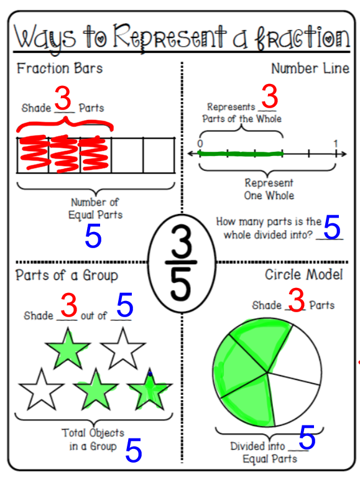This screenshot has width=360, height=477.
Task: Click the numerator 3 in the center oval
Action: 182,241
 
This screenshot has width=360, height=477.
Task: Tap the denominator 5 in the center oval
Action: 180,284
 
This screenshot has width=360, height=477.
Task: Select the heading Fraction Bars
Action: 60,68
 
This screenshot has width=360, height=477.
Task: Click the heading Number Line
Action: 310,68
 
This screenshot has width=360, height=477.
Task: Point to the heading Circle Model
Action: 304,274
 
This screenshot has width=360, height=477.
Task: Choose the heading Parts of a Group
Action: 67,276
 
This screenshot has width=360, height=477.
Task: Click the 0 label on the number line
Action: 200,143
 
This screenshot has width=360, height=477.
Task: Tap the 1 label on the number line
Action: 335,143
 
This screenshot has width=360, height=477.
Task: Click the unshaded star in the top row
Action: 123,349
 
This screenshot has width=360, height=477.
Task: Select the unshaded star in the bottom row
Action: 42,390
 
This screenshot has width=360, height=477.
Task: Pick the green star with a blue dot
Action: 150,390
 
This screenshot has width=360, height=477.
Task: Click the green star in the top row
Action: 68,349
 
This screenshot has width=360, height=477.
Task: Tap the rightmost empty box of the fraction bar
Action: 159,155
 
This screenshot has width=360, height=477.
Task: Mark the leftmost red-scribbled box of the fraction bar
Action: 33,155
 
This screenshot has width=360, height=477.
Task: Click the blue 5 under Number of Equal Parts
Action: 93,236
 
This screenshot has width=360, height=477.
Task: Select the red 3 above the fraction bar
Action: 63,98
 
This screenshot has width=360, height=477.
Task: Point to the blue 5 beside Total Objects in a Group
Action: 134,450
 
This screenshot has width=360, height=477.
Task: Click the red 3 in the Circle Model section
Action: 297,300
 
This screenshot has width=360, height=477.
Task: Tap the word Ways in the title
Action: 45,39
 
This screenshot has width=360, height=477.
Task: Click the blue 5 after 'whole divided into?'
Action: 332,227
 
